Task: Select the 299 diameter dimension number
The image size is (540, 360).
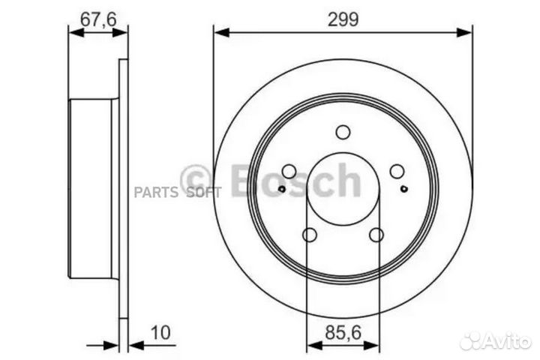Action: [x=343, y=18]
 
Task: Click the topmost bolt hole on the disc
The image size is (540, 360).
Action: [x=343, y=133]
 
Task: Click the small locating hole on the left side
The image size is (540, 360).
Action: [x=281, y=188]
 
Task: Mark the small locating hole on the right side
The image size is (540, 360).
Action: [x=405, y=188]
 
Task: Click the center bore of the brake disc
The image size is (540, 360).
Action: [x=343, y=187]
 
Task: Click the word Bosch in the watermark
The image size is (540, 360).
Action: [x=295, y=180]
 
